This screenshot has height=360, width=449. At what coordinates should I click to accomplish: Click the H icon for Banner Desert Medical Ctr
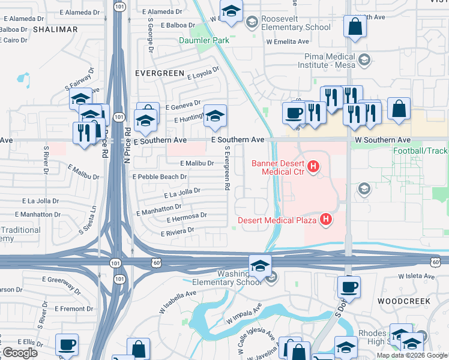(312, 166)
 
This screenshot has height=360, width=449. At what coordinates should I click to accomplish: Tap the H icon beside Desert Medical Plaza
(325, 220)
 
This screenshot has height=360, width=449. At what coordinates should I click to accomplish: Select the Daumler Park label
(203, 41)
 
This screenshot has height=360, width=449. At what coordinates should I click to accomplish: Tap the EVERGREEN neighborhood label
(160, 73)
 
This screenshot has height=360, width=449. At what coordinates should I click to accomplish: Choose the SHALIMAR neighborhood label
(55, 29)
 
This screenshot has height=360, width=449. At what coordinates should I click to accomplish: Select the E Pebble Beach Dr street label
(160, 177)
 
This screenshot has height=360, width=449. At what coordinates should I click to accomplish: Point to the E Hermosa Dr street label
(188, 215)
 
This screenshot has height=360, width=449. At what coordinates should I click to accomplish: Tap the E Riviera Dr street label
(177, 231)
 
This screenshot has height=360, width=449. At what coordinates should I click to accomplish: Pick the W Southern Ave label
(382, 140)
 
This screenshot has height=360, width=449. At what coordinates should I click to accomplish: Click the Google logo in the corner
(20, 353)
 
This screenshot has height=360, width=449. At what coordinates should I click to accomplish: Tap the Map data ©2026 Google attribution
(411, 355)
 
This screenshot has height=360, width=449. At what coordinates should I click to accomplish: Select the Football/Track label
(420, 151)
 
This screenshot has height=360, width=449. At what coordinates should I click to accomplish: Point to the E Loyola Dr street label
(205, 74)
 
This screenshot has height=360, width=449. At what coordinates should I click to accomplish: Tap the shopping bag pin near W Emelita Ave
(354, 27)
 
